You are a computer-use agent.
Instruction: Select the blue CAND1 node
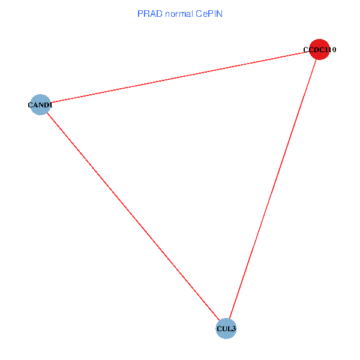click(x=40, y=105)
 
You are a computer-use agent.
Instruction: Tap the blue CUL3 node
click(x=226, y=328)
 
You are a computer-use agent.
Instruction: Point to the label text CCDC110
click(x=319, y=50)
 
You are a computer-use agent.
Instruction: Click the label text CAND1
click(x=40, y=106)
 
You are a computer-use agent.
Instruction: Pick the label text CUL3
click(x=226, y=329)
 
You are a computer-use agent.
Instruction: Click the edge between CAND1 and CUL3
click(x=133, y=217)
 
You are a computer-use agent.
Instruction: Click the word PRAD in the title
click(x=149, y=14)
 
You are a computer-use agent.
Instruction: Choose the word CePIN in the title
click(x=209, y=14)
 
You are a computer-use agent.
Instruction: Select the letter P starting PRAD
click(x=140, y=14)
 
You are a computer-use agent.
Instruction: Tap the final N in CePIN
click(x=220, y=14)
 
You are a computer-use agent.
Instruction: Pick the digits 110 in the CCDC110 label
click(x=328, y=50)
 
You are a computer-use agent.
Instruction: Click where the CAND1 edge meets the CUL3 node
click(x=220, y=320)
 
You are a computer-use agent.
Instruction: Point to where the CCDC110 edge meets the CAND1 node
click(x=50, y=103)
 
